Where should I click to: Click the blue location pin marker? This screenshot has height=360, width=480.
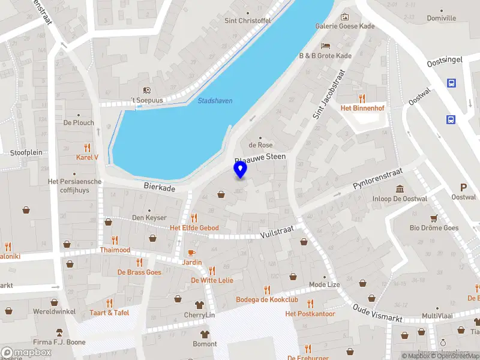[240, 170]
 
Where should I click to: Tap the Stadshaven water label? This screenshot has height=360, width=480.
[215, 101]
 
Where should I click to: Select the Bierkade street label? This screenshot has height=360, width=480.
[160, 188]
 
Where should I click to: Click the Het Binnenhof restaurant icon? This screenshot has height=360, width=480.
[362, 98]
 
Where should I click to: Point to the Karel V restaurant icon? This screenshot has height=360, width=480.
[87, 148]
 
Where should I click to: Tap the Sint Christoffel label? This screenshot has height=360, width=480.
[247, 20]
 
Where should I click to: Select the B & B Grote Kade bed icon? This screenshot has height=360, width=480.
[325, 46]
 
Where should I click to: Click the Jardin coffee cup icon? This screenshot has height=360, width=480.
[192, 253]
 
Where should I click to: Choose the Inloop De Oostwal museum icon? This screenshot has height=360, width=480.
[399, 190]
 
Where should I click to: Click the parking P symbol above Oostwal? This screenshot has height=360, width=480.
[463, 187]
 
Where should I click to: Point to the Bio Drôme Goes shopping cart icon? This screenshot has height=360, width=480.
[433, 218]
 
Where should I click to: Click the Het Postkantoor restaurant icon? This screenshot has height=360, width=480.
[310, 304]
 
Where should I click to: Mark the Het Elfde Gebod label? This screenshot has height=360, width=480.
[194, 228]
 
